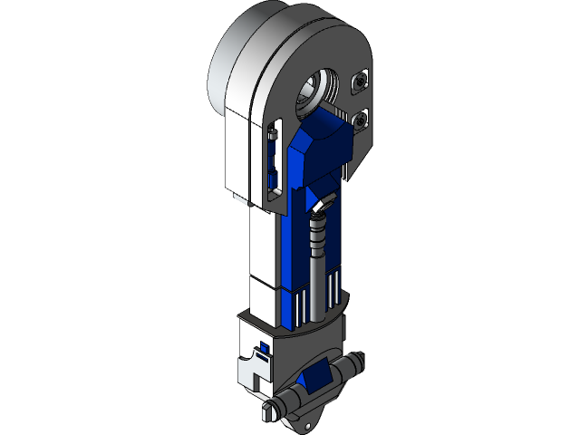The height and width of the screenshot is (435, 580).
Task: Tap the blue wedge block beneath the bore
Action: pos(322,150)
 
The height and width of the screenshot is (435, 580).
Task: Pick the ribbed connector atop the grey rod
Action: pos(317,237)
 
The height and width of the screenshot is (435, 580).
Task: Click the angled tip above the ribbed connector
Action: pos(321,208)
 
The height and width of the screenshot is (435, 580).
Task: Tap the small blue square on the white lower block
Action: pos(265,346)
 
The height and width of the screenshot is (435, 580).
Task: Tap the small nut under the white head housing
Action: pos(237,196)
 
